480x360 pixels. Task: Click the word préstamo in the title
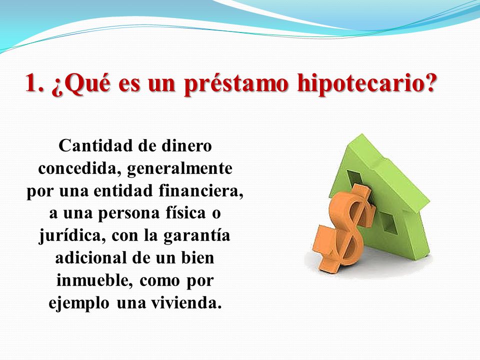(x=236, y=83)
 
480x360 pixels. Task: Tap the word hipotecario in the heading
(x=366, y=83)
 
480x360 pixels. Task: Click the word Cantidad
(x=95, y=145)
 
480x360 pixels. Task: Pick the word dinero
(x=186, y=145)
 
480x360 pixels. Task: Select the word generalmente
(x=180, y=169)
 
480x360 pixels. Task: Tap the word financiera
(x=201, y=191)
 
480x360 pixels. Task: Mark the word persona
(x=129, y=213)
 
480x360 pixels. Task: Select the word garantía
(x=196, y=236)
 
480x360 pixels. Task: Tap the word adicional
(x=91, y=257)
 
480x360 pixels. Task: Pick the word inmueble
(x=95, y=280)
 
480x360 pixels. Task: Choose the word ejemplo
(x=78, y=303)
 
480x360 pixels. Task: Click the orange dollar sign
(x=344, y=228)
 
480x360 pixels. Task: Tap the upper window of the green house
(x=355, y=178)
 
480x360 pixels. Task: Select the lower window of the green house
(x=388, y=222)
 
